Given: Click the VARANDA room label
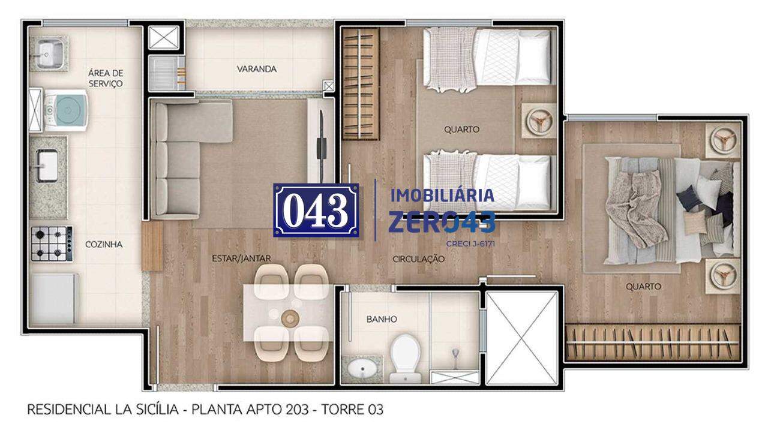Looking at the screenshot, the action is pos(256,69).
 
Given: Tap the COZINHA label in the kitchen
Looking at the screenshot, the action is pos(104,244).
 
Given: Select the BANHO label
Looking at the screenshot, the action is pos(382,320).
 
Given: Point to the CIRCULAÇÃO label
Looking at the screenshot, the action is pos(418,259).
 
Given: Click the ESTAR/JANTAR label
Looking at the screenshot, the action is pos(241,258).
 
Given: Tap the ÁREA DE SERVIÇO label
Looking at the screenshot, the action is pos(106,78).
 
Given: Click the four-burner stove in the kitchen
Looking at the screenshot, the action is pos(52,243).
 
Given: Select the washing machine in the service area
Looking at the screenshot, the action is pos(66,110).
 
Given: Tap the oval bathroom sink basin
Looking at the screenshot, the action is pos(362,369).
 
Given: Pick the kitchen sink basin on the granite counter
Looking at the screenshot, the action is pos(47,166).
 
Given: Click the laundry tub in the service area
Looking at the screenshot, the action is pos(50,54).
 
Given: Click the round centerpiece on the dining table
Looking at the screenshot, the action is pos(290,318).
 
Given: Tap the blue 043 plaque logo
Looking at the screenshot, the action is pos(316,210).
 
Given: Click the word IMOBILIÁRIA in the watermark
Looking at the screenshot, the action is pos(442,195).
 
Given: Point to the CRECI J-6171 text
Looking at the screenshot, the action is pos(470,243).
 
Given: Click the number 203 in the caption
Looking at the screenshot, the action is pos(297,410).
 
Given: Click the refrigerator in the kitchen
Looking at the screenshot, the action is pos(53,299).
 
